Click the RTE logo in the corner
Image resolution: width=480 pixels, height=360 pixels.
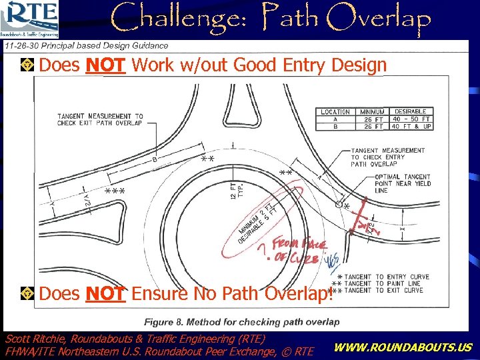click(x=31, y=19)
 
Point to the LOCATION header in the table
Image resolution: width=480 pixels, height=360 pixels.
click(x=335, y=112)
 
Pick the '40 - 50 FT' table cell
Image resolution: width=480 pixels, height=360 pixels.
click(x=411, y=119)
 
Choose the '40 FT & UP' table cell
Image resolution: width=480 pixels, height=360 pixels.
click(x=411, y=126)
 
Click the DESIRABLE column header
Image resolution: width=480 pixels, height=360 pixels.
click(x=411, y=112)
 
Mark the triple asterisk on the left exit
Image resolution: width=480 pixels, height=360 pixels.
click(x=116, y=192)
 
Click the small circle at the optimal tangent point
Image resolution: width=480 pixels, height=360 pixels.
click(x=339, y=205)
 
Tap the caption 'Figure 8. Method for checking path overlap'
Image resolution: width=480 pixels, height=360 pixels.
click(x=242, y=322)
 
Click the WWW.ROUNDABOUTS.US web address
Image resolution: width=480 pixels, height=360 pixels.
click(x=402, y=347)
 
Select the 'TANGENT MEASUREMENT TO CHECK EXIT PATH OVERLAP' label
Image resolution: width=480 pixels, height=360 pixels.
click(x=100, y=119)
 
